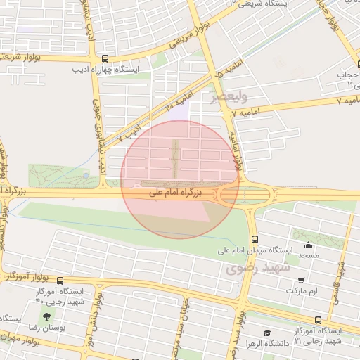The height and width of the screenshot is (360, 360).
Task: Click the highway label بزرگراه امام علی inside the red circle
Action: pyautogui.click(x=175, y=191)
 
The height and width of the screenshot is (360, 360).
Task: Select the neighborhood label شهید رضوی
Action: pyautogui.click(x=252, y=268)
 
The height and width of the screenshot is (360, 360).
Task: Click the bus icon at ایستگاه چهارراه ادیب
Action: pyautogui.click(x=105, y=59)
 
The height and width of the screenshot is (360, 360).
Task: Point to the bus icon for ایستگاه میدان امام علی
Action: pyautogui.click(x=254, y=238)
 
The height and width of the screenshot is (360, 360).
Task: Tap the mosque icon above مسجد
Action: pyautogui.click(x=307, y=245)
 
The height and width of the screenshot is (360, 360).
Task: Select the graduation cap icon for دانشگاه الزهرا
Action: pyautogui.click(x=266, y=333)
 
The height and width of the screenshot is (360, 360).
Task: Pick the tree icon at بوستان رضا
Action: pyautogui.click(x=46, y=317)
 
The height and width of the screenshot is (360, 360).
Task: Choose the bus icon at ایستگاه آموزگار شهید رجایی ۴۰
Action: pyautogui.click(x=60, y=281)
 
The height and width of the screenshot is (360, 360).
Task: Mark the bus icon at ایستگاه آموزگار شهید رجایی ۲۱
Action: pyautogui.click(x=319, y=320)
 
